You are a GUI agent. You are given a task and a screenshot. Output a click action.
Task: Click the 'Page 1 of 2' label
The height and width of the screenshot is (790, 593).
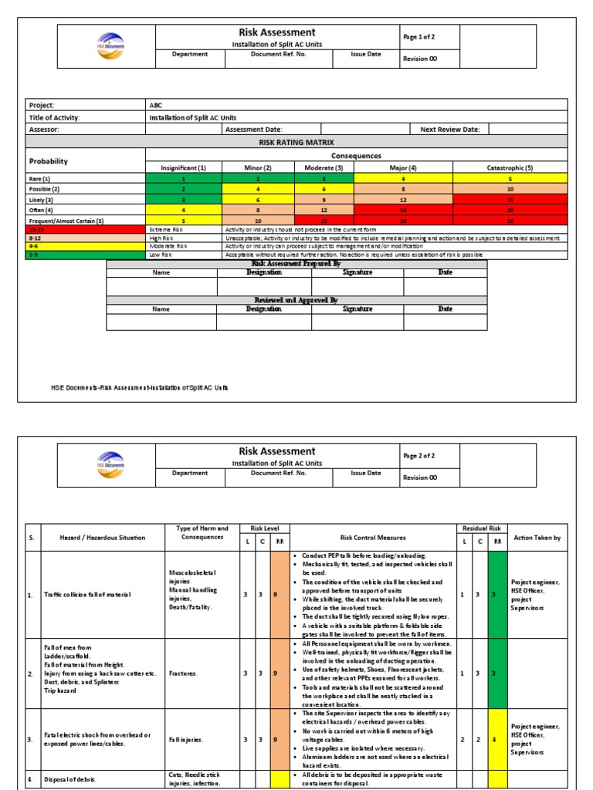(x=419, y=36)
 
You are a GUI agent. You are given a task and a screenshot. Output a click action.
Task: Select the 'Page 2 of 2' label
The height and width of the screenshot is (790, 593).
(x=419, y=456)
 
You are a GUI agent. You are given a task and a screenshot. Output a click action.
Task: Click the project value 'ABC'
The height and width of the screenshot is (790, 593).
(x=156, y=105)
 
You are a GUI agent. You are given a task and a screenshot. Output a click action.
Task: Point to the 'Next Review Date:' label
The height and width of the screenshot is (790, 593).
(x=449, y=130)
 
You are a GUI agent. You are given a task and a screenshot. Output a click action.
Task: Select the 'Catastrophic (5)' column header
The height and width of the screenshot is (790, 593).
(x=510, y=167)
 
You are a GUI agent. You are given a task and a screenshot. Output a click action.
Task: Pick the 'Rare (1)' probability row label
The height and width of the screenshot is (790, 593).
(x=40, y=178)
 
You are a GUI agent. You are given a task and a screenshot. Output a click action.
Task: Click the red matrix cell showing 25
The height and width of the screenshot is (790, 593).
(x=510, y=221)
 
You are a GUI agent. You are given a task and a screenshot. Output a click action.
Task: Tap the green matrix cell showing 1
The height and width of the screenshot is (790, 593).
(x=184, y=178)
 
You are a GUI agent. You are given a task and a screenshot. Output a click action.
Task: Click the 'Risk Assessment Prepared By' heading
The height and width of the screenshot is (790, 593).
(x=296, y=264)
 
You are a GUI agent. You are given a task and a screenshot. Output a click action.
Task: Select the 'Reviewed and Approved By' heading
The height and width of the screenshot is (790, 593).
(x=296, y=300)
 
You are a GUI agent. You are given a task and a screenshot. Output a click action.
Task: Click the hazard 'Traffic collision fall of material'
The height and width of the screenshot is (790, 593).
(x=87, y=594)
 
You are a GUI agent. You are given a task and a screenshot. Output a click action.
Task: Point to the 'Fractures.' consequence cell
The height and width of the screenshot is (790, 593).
(x=184, y=673)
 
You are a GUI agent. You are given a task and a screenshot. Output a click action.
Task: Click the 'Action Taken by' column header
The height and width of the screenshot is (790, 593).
(x=537, y=537)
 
